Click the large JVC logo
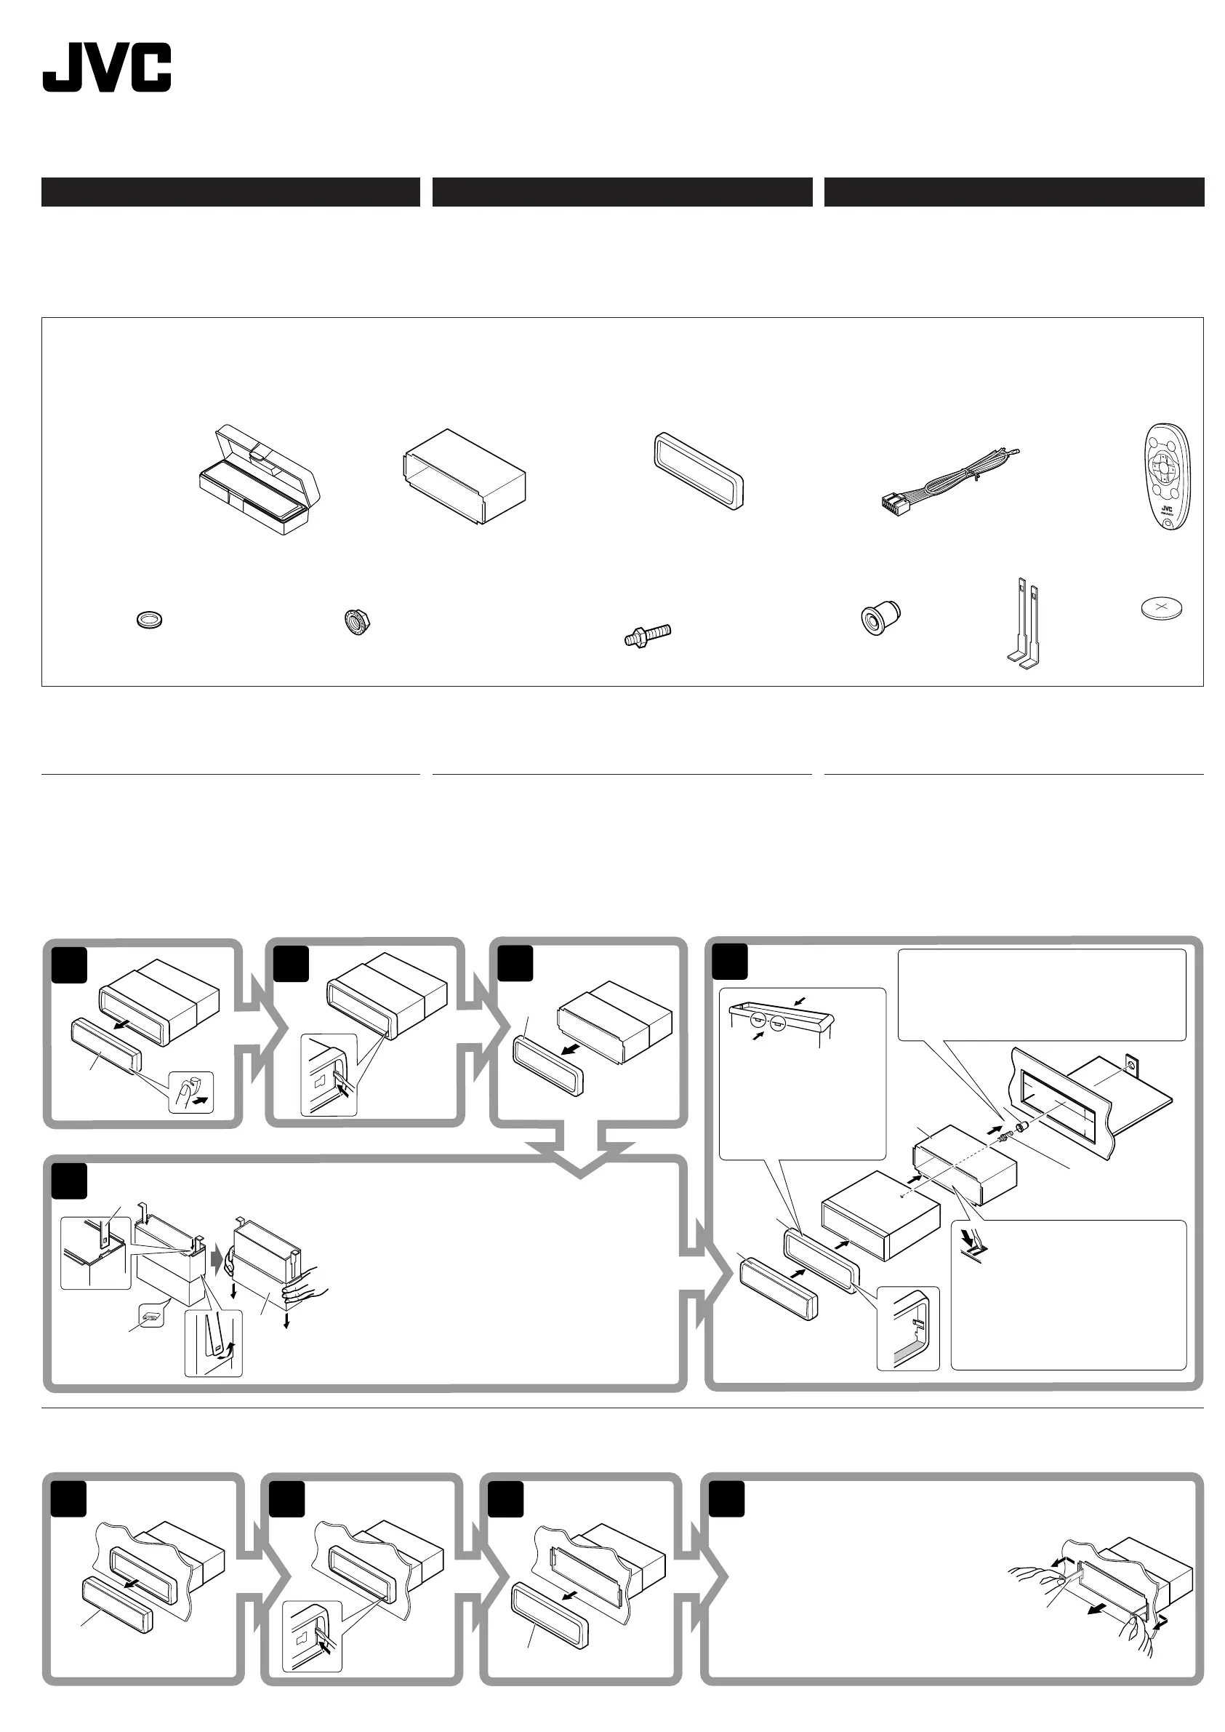click(106, 68)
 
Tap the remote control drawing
click(1166, 476)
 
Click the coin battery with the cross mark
click(1161, 607)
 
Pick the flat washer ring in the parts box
click(148, 620)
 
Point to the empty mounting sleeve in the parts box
click(464, 476)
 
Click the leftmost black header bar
click(230, 192)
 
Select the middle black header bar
click(622, 192)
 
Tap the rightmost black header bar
click(1013, 192)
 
